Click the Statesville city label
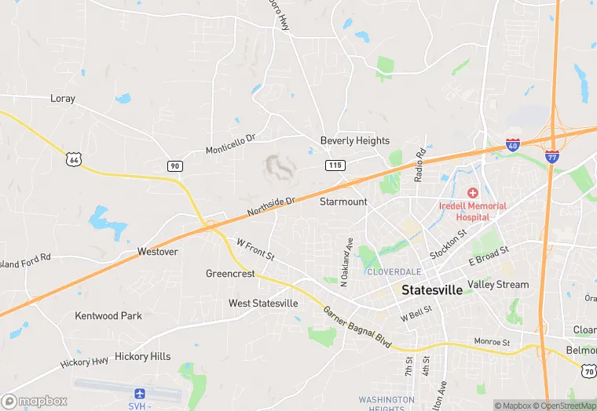click(x=431, y=289)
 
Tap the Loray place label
click(x=63, y=99)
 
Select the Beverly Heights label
click(x=354, y=140)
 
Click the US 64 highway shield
click(x=74, y=159)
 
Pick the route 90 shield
click(x=174, y=165)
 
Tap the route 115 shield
click(x=335, y=165)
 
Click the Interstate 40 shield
click(x=513, y=145)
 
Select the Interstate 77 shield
click(x=552, y=156)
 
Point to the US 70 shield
click(x=588, y=369)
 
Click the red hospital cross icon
click(x=472, y=193)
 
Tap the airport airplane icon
click(x=141, y=392)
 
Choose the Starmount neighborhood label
click(x=343, y=202)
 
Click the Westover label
click(x=157, y=252)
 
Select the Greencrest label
click(x=230, y=274)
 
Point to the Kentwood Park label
click(x=108, y=315)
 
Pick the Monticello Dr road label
click(x=231, y=144)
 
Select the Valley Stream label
click(x=498, y=284)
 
